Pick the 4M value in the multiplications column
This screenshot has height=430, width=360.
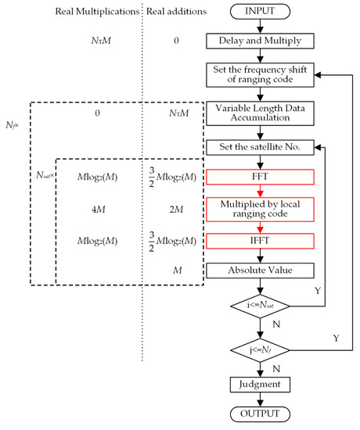(x=97, y=209)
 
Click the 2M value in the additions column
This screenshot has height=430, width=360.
(x=176, y=209)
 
